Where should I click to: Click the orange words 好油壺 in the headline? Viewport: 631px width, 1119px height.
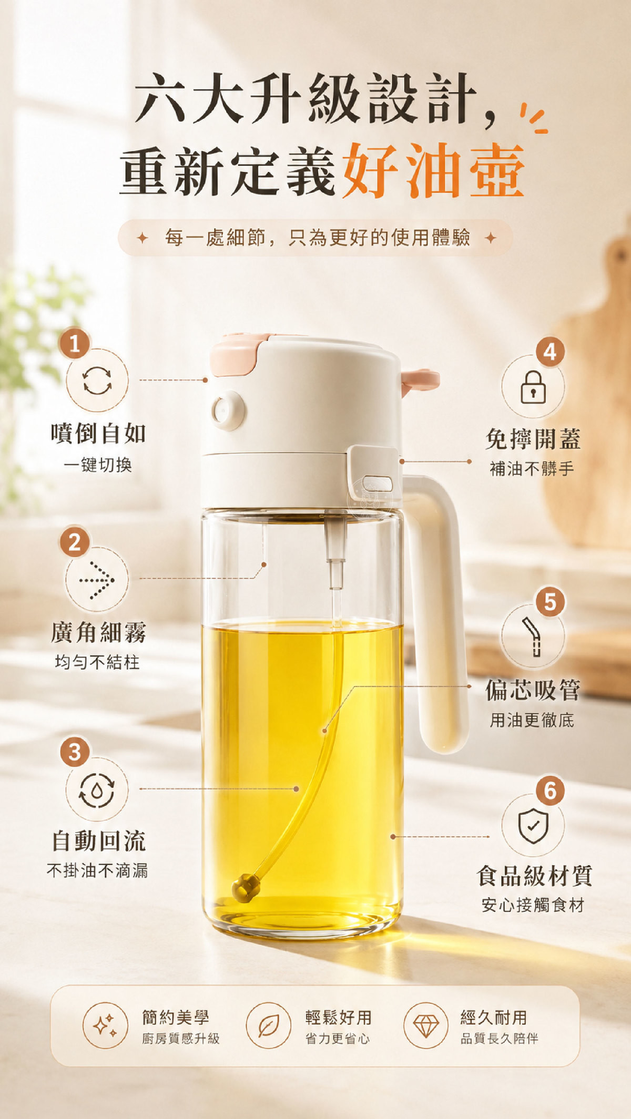(434, 170)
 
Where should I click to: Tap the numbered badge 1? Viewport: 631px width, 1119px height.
(75, 343)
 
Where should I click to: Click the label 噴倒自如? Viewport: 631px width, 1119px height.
(98, 433)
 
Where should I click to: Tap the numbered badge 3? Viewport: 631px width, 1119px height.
(75, 752)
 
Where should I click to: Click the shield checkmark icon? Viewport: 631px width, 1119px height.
(533, 826)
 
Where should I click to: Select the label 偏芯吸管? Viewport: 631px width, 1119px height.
(533, 690)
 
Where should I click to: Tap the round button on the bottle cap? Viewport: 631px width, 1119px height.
(228, 410)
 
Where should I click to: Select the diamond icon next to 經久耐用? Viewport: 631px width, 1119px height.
(426, 1025)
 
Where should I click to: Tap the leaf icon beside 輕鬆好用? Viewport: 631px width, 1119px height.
(268, 1025)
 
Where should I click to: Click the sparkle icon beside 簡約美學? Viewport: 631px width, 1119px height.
(105, 1025)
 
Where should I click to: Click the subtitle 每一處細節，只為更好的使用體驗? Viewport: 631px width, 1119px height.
(317, 238)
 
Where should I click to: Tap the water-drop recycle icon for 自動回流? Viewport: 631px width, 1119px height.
(97, 790)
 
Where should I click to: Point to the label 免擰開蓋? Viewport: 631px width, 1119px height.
(533, 438)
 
